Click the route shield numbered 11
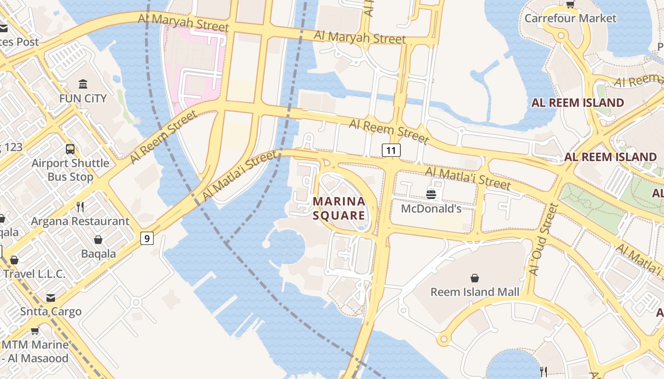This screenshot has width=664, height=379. (x=391, y=151)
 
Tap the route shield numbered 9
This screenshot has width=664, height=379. (x=147, y=238)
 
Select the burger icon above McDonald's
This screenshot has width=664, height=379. (x=431, y=194)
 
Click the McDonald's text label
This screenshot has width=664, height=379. (x=431, y=208)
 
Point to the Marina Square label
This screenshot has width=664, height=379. (x=339, y=208)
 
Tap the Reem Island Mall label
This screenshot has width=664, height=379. (x=475, y=292)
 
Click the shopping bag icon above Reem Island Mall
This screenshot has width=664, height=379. (x=475, y=278)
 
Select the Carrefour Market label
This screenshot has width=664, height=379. (x=570, y=18)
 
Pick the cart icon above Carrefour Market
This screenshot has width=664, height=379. (x=570, y=5)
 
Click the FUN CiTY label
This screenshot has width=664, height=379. (x=83, y=99)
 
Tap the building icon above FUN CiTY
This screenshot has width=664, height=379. (x=83, y=84)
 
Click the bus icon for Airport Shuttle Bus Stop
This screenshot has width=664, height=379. (x=70, y=149)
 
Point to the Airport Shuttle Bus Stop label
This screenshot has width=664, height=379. (x=70, y=170)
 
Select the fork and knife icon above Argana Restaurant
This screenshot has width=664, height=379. (x=80, y=207)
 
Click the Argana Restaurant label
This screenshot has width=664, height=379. (x=80, y=221)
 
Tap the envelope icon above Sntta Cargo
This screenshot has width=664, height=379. (x=51, y=298)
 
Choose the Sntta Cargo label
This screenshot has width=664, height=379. (x=51, y=312)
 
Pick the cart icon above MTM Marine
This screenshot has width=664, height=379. (x=35, y=331)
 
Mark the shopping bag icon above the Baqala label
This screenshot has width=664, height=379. (x=98, y=240)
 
